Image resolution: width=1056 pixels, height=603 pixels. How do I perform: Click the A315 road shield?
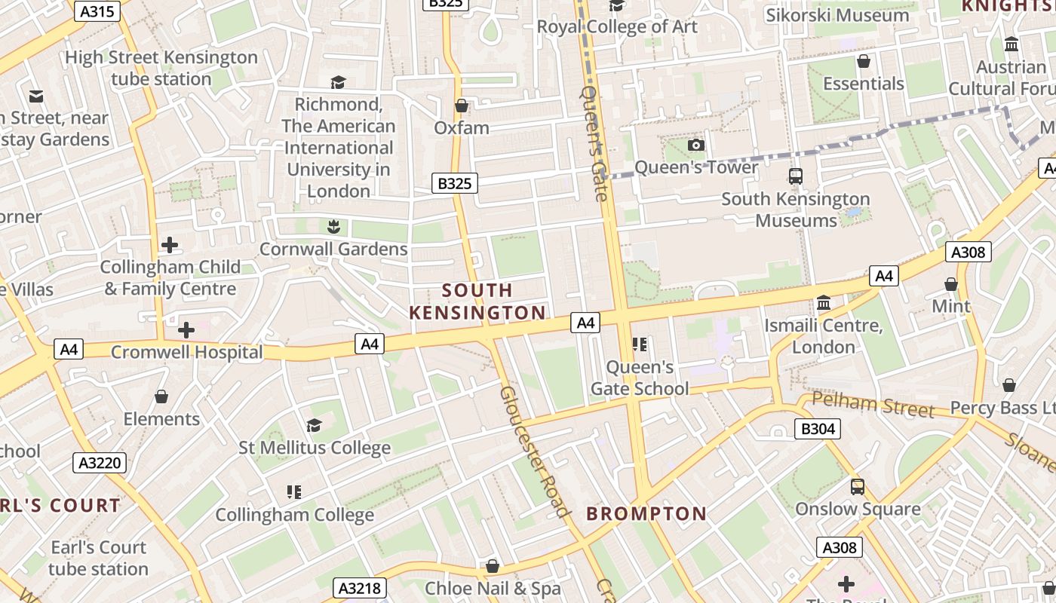[97, 11]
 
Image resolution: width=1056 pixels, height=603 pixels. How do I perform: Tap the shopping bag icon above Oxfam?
[462, 106]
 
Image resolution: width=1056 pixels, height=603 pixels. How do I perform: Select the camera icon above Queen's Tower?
[695, 145]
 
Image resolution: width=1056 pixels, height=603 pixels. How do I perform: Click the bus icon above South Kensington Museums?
[795, 176]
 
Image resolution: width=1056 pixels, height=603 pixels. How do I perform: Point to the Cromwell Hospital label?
[186, 352]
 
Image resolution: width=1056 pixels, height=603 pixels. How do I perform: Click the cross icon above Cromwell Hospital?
[186, 330]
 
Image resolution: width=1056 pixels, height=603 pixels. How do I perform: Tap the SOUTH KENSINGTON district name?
[477, 301]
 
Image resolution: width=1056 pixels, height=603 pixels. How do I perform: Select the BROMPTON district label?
[646, 514]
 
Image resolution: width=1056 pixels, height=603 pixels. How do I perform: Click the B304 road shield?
[818, 429]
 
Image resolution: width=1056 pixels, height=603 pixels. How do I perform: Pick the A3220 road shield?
[100, 462]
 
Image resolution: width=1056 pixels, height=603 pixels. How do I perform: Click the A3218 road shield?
[361, 588]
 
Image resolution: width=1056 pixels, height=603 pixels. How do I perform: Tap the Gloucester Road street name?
[534, 451]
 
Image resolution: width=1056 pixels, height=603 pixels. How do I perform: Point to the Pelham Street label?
[873, 405]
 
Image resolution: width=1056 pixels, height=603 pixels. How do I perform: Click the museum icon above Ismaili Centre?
[824, 303]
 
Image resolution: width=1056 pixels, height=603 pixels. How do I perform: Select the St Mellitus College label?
[315, 448]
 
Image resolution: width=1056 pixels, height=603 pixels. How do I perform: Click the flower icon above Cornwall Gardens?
[333, 226]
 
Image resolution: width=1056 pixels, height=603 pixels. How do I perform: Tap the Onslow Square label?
[858, 509]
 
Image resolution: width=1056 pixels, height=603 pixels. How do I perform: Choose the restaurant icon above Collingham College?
[294, 492]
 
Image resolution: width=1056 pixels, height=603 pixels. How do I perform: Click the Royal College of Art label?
[617, 26]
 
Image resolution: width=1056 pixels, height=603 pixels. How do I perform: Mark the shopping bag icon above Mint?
[951, 284]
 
